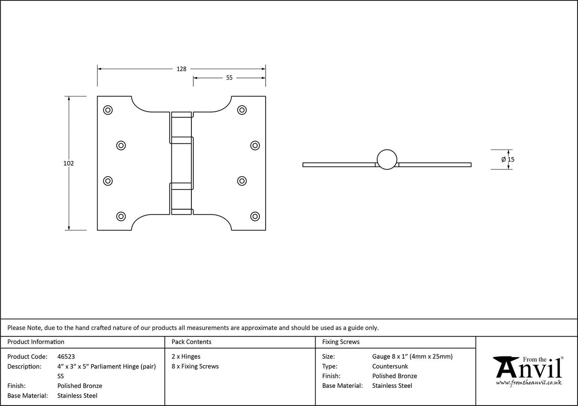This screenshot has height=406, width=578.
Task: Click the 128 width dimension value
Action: pyautogui.click(x=181, y=69)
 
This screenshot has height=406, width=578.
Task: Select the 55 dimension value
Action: pyautogui.click(x=229, y=78)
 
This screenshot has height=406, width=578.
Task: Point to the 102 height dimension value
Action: pyautogui.click(x=69, y=163)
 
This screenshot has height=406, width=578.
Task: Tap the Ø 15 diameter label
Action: pyautogui.click(x=508, y=159)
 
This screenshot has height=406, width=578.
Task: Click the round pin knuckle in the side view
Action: pyautogui.click(x=387, y=159)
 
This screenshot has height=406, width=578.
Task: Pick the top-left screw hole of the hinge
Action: pyautogui.click(x=108, y=110)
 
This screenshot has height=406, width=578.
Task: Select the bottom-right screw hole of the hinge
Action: pyautogui.click(x=255, y=216)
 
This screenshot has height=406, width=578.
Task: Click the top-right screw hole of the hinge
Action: pyautogui.click(x=242, y=110)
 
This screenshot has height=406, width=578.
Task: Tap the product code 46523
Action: pyautogui.click(x=66, y=356)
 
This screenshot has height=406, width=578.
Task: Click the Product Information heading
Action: pyautogui.click(x=36, y=342)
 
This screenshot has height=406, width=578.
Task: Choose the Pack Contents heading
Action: pyautogui.click(x=191, y=342)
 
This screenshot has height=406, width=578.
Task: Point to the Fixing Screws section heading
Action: pyautogui.click(x=341, y=342)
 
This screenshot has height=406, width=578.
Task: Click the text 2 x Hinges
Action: pyautogui.click(x=186, y=356)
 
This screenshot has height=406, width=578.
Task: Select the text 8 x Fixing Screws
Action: pyautogui.click(x=195, y=366)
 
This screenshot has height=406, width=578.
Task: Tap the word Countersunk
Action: pyautogui.click(x=390, y=366)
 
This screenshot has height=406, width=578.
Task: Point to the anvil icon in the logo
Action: pyautogui.click(x=506, y=366)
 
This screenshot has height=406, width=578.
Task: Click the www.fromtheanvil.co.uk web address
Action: pyautogui.click(x=528, y=382)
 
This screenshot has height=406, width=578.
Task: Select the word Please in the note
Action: pyautogui.click(x=16, y=327)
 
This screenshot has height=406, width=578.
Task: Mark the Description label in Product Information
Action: pyautogui.click(x=24, y=366)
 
